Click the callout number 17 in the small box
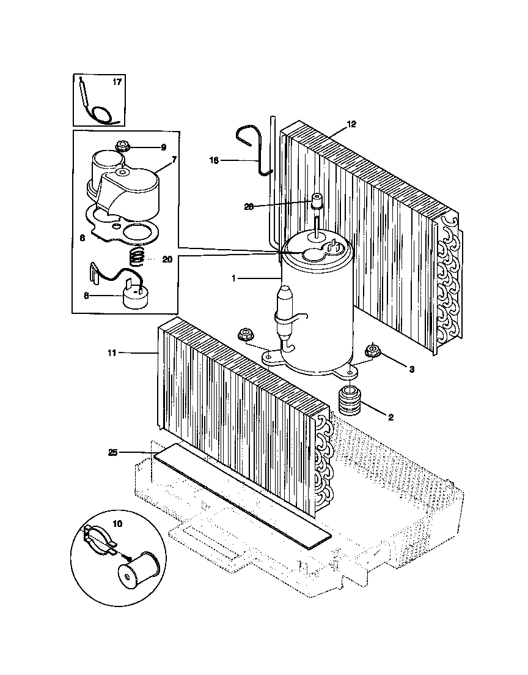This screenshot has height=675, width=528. point(117,83)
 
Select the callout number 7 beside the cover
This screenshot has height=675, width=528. point(174,159)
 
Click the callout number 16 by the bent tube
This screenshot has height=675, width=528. point(213,161)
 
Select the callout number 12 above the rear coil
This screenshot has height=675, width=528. point(351,124)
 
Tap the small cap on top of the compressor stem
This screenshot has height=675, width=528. point(317,201)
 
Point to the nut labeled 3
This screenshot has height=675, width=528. point(372,351)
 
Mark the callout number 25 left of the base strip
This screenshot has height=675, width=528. point(112,452)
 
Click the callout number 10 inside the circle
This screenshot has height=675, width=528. point(117,523)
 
